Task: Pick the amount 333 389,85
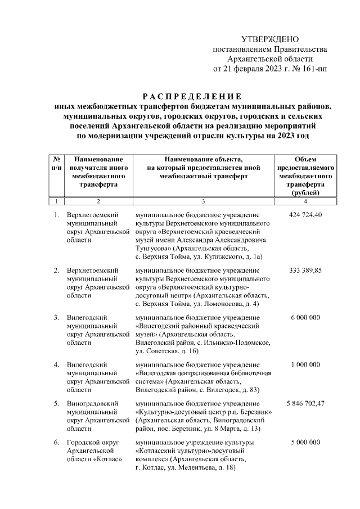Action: pyautogui.click(x=305, y=271)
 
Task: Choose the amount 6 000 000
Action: pyautogui.click(x=305, y=318)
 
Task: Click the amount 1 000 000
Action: pyautogui.click(x=305, y=364)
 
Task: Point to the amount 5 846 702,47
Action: pyautogui.click(x=305, y=404)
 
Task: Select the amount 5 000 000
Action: pyautogui.click(x=305, y=443)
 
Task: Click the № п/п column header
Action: pyautogui.click(x=57, y=164)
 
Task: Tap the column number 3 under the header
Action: pyautogui.click(x=203, y=201)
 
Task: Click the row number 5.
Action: pyautogui.click(x=56, y=404)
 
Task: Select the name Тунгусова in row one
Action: pyautogui.click(x=152, y=247)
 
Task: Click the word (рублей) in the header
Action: pyautogui.click(x=305, y=192)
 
